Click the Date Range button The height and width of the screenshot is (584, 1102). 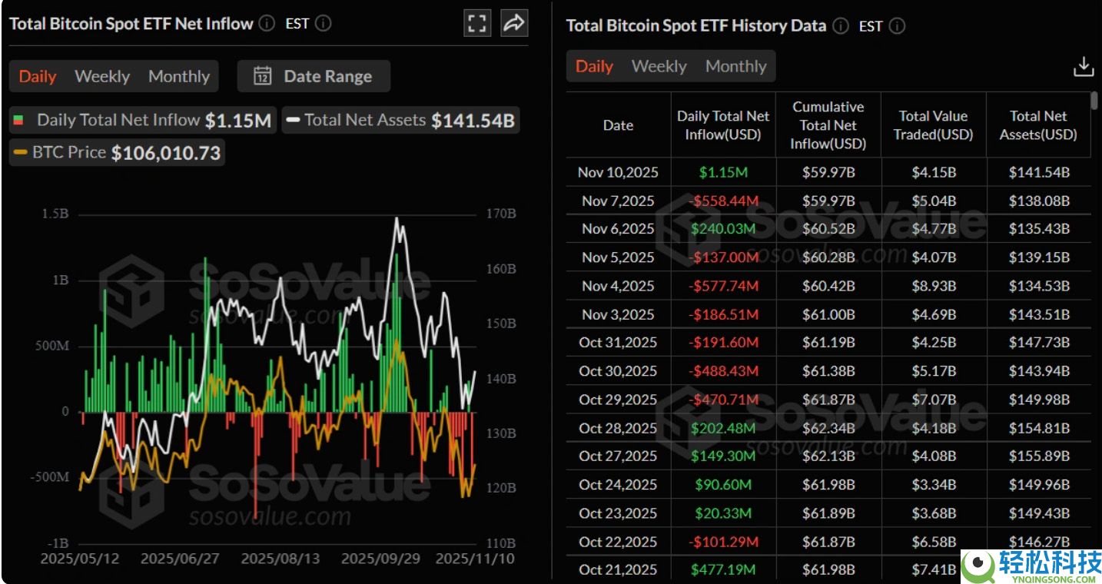tap(314, 76)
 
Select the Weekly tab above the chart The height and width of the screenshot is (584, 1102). tap(102, 76)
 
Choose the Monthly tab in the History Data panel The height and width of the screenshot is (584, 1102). tap(736, 66)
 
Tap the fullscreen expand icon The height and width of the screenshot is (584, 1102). tap(476, 23)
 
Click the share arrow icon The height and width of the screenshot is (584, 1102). tap(514, 23)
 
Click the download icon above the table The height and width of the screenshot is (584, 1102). tap(1084, 67)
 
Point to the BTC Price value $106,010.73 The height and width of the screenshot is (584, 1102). tap(166, 153)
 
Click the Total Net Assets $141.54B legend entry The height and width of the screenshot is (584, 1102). tap(400, 120)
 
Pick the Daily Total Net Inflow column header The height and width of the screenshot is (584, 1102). tap(722, 125)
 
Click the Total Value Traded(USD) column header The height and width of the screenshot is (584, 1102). tap(933, 125)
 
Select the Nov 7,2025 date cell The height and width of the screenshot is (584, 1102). tap(618, 201)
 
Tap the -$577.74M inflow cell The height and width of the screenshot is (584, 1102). tap(723, 286)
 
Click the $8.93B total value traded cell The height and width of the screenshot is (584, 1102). tap(934, 286)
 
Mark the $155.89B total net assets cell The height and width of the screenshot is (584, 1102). tap(1039, 456)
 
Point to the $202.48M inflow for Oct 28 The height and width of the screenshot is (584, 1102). tap(723, 428)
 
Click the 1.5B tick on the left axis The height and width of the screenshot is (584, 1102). tap(55, 214)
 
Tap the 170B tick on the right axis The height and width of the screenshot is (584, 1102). tap(501, 214)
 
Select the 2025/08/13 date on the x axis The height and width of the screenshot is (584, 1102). tap(280, 559)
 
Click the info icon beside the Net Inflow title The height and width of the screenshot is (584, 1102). tap(267, 23)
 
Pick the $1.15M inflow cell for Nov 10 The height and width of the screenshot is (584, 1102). tap(723, 172)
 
